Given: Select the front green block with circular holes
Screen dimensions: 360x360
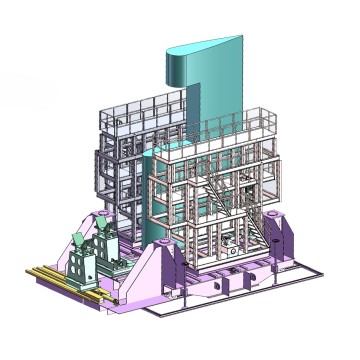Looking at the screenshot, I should pos(86,268).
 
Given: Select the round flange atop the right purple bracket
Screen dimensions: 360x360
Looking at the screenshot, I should pos(280,222).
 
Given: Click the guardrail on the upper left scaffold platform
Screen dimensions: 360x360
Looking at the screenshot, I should pos(140,110).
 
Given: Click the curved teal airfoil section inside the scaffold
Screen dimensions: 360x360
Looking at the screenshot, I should pos(154,200).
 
